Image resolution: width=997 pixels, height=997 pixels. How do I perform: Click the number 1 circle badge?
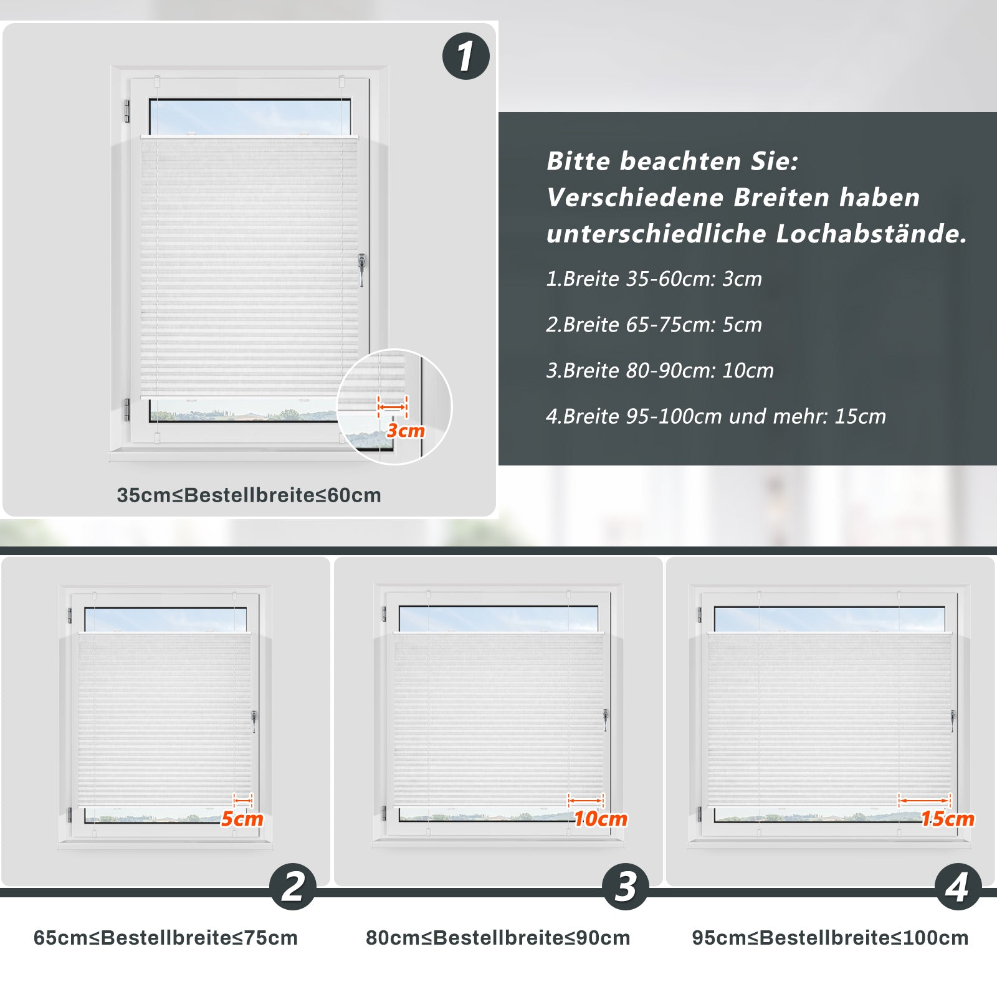466,56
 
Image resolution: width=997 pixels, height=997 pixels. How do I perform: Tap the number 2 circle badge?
293,887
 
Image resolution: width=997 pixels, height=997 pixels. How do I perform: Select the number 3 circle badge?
626,887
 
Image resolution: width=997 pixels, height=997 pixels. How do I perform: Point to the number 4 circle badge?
958,887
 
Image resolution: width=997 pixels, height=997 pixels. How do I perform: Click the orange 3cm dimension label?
406,431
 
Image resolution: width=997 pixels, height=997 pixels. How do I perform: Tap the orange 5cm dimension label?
242,819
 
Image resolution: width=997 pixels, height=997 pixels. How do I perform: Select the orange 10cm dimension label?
601,819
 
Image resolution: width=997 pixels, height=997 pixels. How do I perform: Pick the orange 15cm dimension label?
948,819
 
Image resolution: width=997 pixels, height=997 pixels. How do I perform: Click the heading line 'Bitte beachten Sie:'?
672,161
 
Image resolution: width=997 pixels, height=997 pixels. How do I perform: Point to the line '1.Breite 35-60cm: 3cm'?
654,279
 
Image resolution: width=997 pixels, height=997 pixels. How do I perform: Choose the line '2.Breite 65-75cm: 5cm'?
654,325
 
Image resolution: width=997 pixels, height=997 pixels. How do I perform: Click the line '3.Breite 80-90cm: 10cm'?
660,371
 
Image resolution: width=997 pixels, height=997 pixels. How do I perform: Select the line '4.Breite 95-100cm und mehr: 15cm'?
716,416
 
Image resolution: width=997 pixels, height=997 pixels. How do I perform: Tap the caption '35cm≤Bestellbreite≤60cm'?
249,495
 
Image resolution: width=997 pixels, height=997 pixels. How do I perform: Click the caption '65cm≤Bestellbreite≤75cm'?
166,938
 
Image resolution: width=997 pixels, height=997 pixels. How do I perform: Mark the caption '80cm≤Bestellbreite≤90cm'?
498,938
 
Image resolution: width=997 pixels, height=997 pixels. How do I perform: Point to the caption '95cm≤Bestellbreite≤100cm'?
830,938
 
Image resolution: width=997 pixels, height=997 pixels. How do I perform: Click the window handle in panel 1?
361,269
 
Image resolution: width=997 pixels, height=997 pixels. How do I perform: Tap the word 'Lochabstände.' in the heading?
872,234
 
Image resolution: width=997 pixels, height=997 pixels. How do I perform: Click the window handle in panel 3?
605,720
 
